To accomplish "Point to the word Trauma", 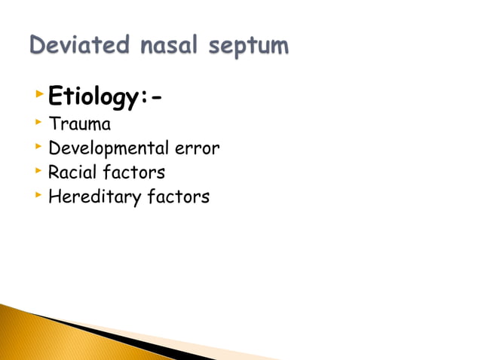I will pos(79,124).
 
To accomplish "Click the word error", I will pos(198,148).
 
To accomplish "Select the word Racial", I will pos(72,172).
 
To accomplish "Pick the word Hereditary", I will pos(89,197).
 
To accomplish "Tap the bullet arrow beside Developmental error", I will pos(39,147).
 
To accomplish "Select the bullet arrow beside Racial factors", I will pos(39,171).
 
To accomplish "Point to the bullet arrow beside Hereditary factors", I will pos(39,195).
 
